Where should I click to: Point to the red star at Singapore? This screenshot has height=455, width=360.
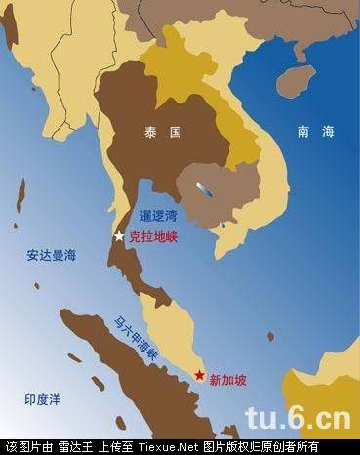198,375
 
